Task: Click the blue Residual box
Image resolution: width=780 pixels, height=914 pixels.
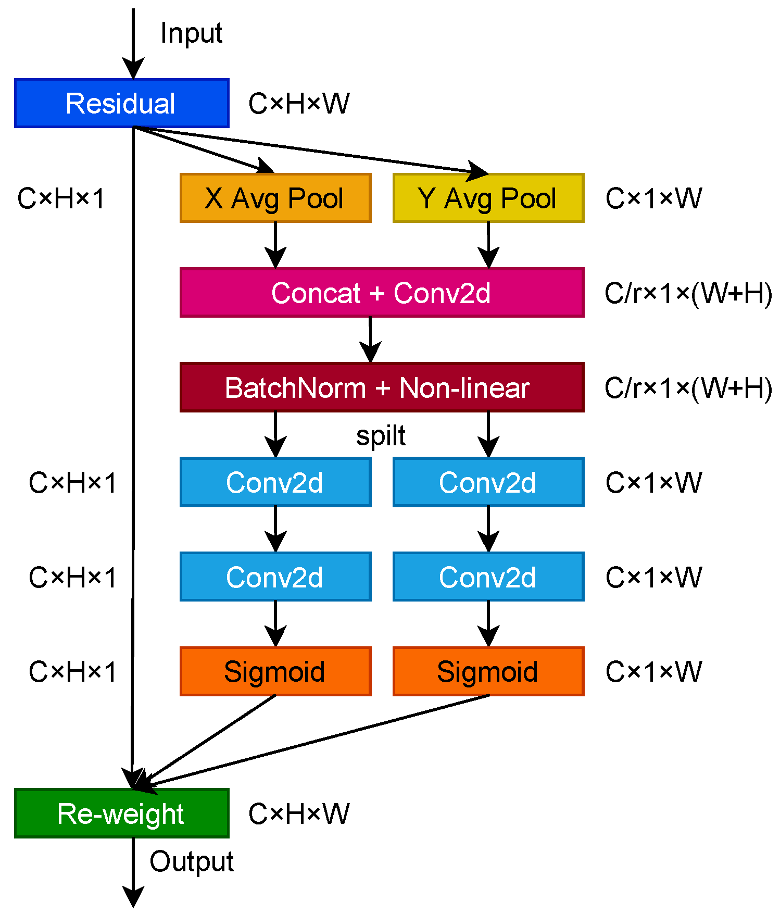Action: point(121,103)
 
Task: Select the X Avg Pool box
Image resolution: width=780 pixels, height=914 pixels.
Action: point(275,198)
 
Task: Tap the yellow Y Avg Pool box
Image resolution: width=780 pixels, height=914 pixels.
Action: point(488,198)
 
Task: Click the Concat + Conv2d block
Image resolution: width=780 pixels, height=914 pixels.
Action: point(381,293)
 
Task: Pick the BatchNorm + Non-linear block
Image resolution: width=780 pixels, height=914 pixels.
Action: point(381,387)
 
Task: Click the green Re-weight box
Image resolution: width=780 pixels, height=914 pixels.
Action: point(121,813)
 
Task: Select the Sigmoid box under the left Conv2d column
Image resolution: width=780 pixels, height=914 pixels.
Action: point(275,671)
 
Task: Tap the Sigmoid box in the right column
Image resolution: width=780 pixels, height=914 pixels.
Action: point(488,671)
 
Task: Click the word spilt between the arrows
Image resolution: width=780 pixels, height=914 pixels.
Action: point(381,435)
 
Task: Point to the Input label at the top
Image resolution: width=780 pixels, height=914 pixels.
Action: point(191,33)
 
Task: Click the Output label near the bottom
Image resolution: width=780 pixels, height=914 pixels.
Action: point(191,861)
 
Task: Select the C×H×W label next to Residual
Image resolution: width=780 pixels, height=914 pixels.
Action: point(298,103)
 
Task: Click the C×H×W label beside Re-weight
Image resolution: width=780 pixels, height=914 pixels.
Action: point(298,813)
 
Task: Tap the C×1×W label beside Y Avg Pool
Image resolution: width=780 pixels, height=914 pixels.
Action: point(653,198)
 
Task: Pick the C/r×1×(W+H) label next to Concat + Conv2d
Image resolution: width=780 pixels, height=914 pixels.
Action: point(688,293)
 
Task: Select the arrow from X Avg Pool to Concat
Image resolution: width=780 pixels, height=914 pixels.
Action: point(275,245)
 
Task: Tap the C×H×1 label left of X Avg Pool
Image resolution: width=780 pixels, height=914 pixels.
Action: point(61,198)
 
